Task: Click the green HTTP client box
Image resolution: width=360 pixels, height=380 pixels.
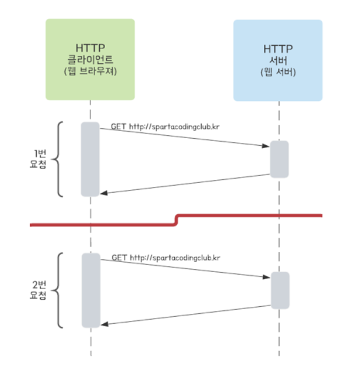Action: (x=90, y=59)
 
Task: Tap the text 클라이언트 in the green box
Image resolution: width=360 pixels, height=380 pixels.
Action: (x=90, y=60)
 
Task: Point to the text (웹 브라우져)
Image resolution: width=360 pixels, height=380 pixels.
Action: (x=90, y=72)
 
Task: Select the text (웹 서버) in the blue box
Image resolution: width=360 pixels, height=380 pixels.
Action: (x=278, y=73)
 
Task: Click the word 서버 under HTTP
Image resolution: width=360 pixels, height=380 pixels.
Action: (x=278, y=61)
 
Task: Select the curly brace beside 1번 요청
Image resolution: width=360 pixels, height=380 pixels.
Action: (x=58, y=159)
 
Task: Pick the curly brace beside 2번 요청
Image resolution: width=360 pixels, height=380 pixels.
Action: (x=58, y=290)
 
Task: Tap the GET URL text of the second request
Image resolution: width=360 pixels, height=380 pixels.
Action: (x=166, y=258)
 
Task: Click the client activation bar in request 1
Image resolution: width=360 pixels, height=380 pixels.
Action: (x=90, y=159)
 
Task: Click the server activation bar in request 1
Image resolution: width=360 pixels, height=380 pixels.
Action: (x=279, y=159)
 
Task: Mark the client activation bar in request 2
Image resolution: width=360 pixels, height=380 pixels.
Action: (x=90, y=290)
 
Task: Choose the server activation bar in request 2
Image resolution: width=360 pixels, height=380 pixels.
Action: (x=280, y=290)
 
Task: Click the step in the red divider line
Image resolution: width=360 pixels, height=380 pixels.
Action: (x=176, y=220)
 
